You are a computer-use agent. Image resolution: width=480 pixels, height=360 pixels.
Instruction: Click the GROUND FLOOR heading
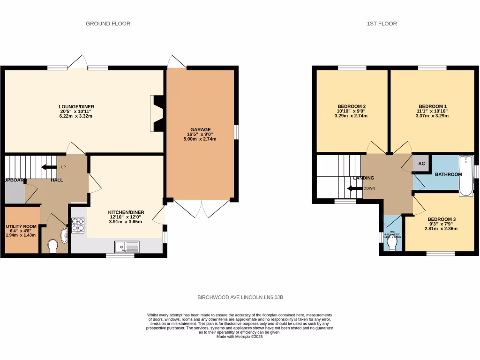tap(108, 23)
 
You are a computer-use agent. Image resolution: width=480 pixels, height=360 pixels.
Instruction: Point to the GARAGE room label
tap(201, 129)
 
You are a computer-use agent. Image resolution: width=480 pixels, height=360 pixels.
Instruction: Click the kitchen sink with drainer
tap(127, 246)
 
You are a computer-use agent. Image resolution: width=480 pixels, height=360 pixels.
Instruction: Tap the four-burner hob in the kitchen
tap(77, 225)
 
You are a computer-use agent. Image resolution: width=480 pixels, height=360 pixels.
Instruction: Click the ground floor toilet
tap(52, 245)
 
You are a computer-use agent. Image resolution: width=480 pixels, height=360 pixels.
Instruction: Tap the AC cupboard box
tap(421, 164)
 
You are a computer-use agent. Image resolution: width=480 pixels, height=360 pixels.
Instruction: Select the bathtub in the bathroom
tap(466, 176)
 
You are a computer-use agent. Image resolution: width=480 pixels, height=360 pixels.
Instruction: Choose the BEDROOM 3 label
tap(441, 219)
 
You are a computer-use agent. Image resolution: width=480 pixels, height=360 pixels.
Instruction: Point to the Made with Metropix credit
tap(240, 336)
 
